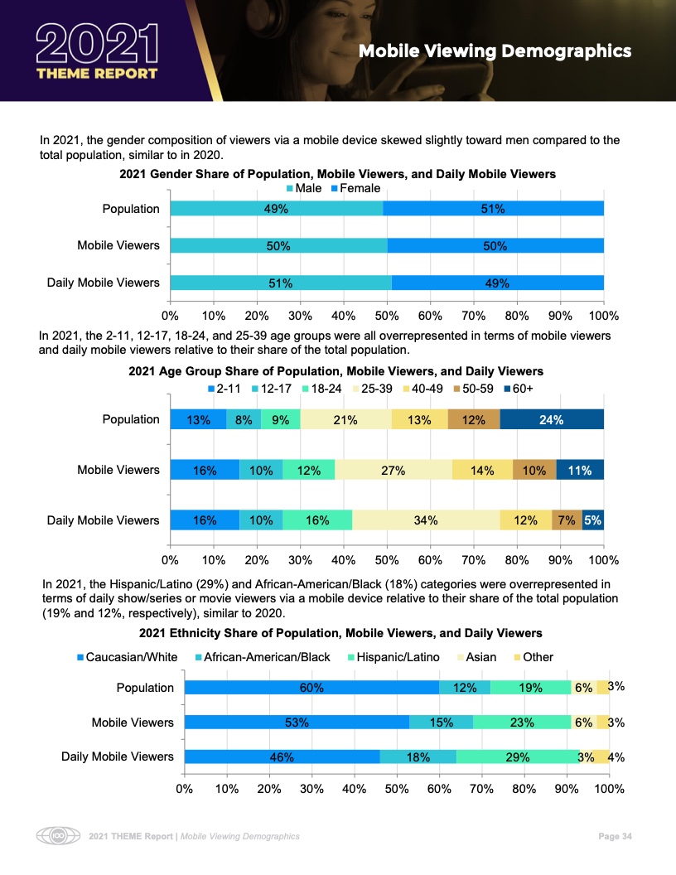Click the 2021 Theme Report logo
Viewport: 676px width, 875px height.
pos(98,51)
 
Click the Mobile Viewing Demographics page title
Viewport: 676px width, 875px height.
pos(495,51)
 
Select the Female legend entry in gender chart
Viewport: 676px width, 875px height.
pos(355,188)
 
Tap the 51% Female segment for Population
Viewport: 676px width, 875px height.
pos(493,209)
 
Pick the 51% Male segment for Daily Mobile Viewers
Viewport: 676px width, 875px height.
pos(280,283)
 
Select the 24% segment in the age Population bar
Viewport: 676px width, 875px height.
pos(552,420)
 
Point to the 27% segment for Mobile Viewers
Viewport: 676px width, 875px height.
pos(393,470)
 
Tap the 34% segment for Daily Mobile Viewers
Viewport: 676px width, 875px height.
pos(426,520)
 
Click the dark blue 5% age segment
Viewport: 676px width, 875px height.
pos(593,520)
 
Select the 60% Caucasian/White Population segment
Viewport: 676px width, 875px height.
pos(311,687)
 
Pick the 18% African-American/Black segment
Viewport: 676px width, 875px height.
pos(418,757)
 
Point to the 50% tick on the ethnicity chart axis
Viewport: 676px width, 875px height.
pos(397,788)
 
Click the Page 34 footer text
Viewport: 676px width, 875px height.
pos(616,836)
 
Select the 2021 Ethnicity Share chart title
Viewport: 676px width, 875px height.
pos(340,633)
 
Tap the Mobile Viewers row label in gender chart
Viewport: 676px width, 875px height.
pos(118,245)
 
